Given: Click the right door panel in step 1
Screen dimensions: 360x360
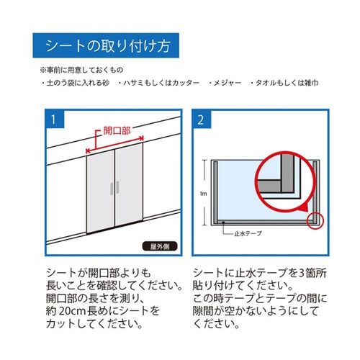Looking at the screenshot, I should [130, 189].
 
